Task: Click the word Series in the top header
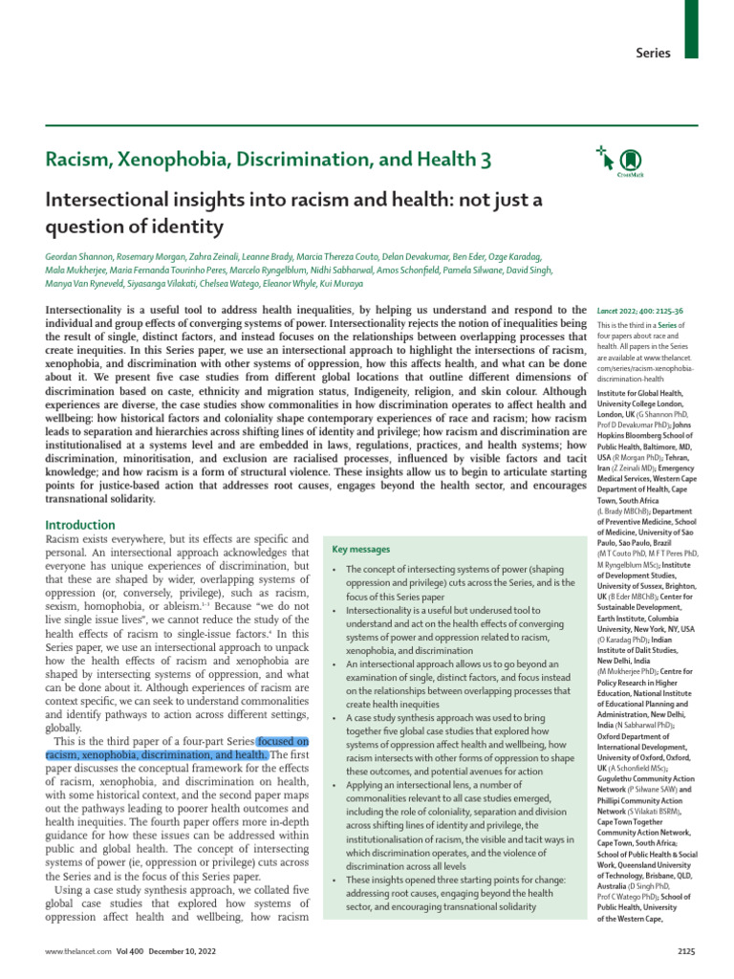click(653, 53)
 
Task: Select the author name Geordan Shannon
click(80, 257)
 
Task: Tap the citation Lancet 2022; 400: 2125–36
click(640, 312)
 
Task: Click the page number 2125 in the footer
click(687, 952)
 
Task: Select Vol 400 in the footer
click(127, 952)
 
